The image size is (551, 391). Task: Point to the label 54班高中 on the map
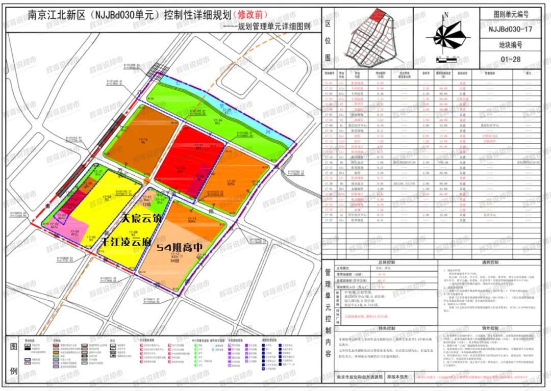pyautogui.click(x=180, y=247)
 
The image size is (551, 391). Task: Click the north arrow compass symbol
pyautogui.click(x=446, y=35)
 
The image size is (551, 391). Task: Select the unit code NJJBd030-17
pyautogui.click(x=510, y=30)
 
